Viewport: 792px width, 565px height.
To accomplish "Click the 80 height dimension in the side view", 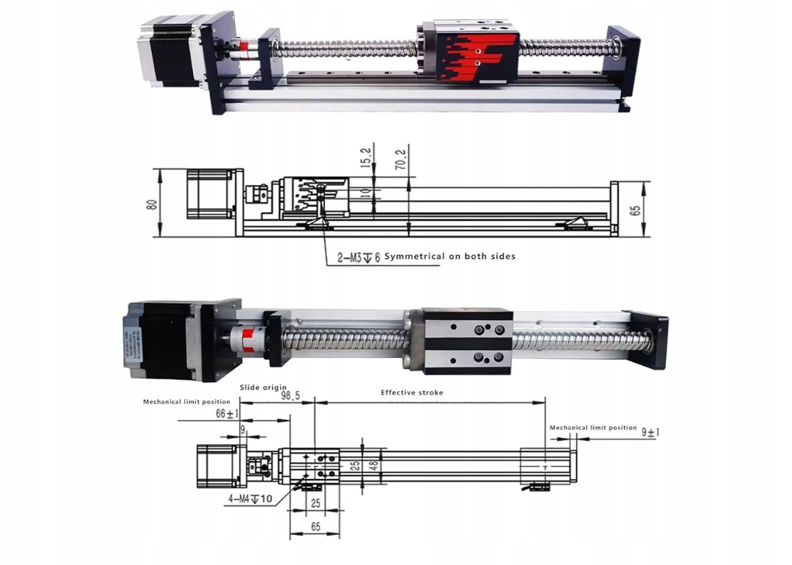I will (152, 203).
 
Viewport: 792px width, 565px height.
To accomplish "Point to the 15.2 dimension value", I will (367, 156).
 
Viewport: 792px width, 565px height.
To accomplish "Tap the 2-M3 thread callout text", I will (357, 257).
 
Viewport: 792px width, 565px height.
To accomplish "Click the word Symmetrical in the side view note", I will (414, 256).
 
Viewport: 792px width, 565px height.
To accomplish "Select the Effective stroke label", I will (411, 393).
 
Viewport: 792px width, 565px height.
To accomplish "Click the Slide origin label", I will (263, 387).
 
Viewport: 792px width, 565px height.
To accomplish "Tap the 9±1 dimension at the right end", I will (649, 432).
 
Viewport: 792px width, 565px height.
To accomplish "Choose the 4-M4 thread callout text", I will (250, 499).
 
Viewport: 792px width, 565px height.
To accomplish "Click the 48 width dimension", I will (373, 464).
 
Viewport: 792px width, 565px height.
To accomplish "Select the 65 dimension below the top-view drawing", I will (315, 526).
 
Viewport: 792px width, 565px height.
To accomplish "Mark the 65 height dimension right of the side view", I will (636, 209).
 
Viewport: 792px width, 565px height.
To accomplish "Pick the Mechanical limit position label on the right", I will (593, 428).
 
